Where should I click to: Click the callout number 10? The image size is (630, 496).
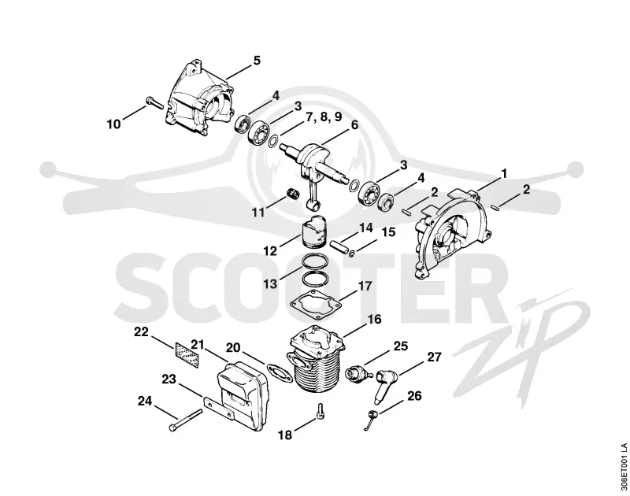point(113,124)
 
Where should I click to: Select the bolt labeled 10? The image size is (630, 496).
point(155,102)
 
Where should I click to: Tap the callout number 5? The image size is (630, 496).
point(257,61)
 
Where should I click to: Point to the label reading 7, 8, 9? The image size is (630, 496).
point(324,117)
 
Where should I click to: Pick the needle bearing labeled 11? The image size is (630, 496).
point(293,192)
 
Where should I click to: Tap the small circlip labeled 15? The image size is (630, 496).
point(352,254)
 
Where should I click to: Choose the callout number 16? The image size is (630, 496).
point(374,320)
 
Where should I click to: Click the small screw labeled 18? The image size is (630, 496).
point(321,411)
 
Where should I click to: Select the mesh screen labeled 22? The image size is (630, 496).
point(187,355)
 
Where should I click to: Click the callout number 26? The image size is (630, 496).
point(415,396)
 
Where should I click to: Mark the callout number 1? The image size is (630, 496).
point(504,173)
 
